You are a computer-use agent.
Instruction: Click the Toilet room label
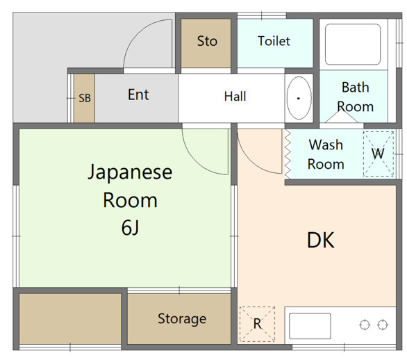pos(274,41)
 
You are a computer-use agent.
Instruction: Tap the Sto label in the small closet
pos(207,41)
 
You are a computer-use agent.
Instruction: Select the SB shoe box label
pos(85,98)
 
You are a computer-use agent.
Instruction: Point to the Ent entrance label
pos(138,95)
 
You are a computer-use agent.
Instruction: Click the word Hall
pos(235,97)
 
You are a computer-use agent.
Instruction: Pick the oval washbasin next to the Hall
pos(299,98)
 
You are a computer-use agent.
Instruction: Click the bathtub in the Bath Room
pos(353,44)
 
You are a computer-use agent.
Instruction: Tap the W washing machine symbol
pos(379,154)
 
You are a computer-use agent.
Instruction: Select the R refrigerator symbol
pos(257,324)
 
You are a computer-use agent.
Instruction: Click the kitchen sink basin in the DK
pos(310,326)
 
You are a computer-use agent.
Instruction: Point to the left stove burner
pos(365,325)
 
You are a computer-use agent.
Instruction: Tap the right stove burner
pos(383,325)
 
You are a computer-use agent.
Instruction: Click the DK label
pos(321,240)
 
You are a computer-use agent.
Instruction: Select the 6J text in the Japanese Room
pos(130,227)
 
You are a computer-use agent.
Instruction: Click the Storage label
pos(182,319)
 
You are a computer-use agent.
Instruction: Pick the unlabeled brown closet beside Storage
pos(70,319)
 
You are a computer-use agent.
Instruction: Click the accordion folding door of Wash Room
pos(288,154)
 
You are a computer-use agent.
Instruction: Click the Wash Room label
pos(326,154)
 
